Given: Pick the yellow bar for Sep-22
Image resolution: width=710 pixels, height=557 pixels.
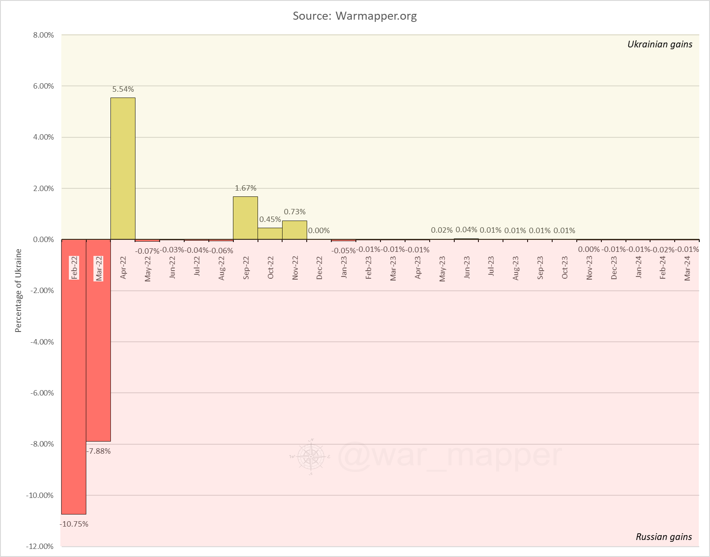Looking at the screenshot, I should [245, 218].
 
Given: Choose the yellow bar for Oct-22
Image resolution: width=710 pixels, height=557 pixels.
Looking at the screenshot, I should [270, 234].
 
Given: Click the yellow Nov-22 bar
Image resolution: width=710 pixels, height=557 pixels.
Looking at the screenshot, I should [295, 230].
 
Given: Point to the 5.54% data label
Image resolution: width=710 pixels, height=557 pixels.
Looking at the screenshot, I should [123, 89].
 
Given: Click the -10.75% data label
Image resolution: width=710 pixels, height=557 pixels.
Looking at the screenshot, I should [74, 524].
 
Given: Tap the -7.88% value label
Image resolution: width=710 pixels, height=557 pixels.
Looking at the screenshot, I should [99, 451].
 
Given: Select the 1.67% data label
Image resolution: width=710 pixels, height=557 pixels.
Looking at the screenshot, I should [245, 188].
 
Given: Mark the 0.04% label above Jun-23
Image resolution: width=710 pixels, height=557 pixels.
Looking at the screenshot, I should [466, 230].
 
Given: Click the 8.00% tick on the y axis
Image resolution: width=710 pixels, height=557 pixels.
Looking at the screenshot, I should [43, 35].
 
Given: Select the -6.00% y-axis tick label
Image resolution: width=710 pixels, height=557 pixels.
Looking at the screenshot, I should [42, 393].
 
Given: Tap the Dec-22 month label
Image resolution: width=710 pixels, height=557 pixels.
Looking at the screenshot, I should [319, 268].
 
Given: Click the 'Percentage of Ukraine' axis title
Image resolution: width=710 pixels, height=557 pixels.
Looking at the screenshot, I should [18, 291].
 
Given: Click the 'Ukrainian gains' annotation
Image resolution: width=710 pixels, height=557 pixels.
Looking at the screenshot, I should [659, 44].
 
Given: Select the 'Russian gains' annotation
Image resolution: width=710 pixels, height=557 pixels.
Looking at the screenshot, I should [664, 537].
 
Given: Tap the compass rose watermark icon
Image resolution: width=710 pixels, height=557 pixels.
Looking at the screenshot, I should [311, 456].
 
